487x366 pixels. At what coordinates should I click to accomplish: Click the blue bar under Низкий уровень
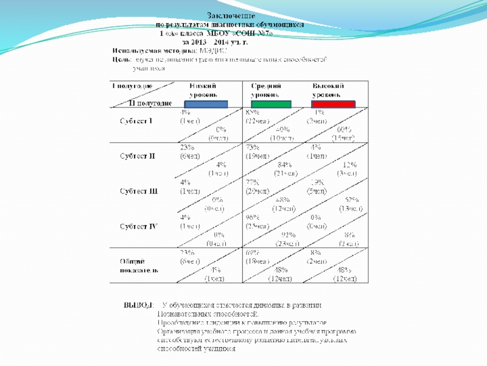click(206, 104)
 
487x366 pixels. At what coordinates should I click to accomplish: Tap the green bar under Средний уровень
click(271, 104)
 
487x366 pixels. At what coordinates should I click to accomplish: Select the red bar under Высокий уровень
click(333, 104)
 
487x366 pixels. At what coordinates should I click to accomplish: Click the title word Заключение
click(231, 15)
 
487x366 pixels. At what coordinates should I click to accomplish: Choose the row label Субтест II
click(137, 156)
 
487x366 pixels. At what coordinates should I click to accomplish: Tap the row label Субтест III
click(138, 191)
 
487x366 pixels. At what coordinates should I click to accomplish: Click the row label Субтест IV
click(138, 226)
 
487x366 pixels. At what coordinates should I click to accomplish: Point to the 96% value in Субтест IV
click(252, 217)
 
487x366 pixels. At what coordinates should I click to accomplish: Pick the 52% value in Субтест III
click(352, 200)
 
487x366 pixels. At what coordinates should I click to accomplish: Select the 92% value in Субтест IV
click(289, 235)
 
